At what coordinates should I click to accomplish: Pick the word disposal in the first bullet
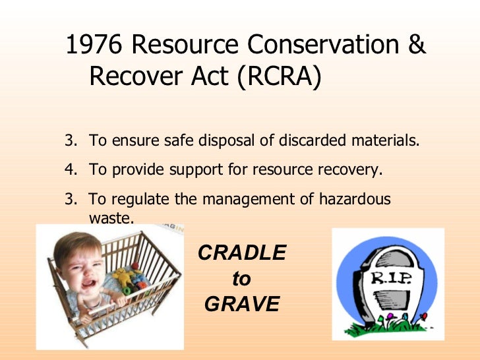(247, 141)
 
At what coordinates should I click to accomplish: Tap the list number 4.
(70, 170)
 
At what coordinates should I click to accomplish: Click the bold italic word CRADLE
(242, 253)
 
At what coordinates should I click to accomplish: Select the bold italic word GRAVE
(242, 305)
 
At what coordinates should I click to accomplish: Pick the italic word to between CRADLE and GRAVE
(241, 279)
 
